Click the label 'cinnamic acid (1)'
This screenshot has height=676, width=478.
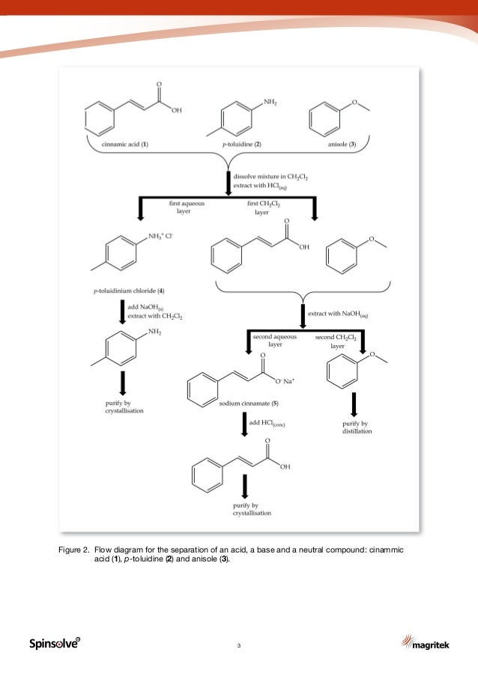(124, 144)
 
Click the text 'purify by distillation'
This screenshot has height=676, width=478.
(352, 427)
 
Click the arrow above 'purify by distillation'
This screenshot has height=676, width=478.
(352, 406)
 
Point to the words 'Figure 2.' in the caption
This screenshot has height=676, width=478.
(75, 550)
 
